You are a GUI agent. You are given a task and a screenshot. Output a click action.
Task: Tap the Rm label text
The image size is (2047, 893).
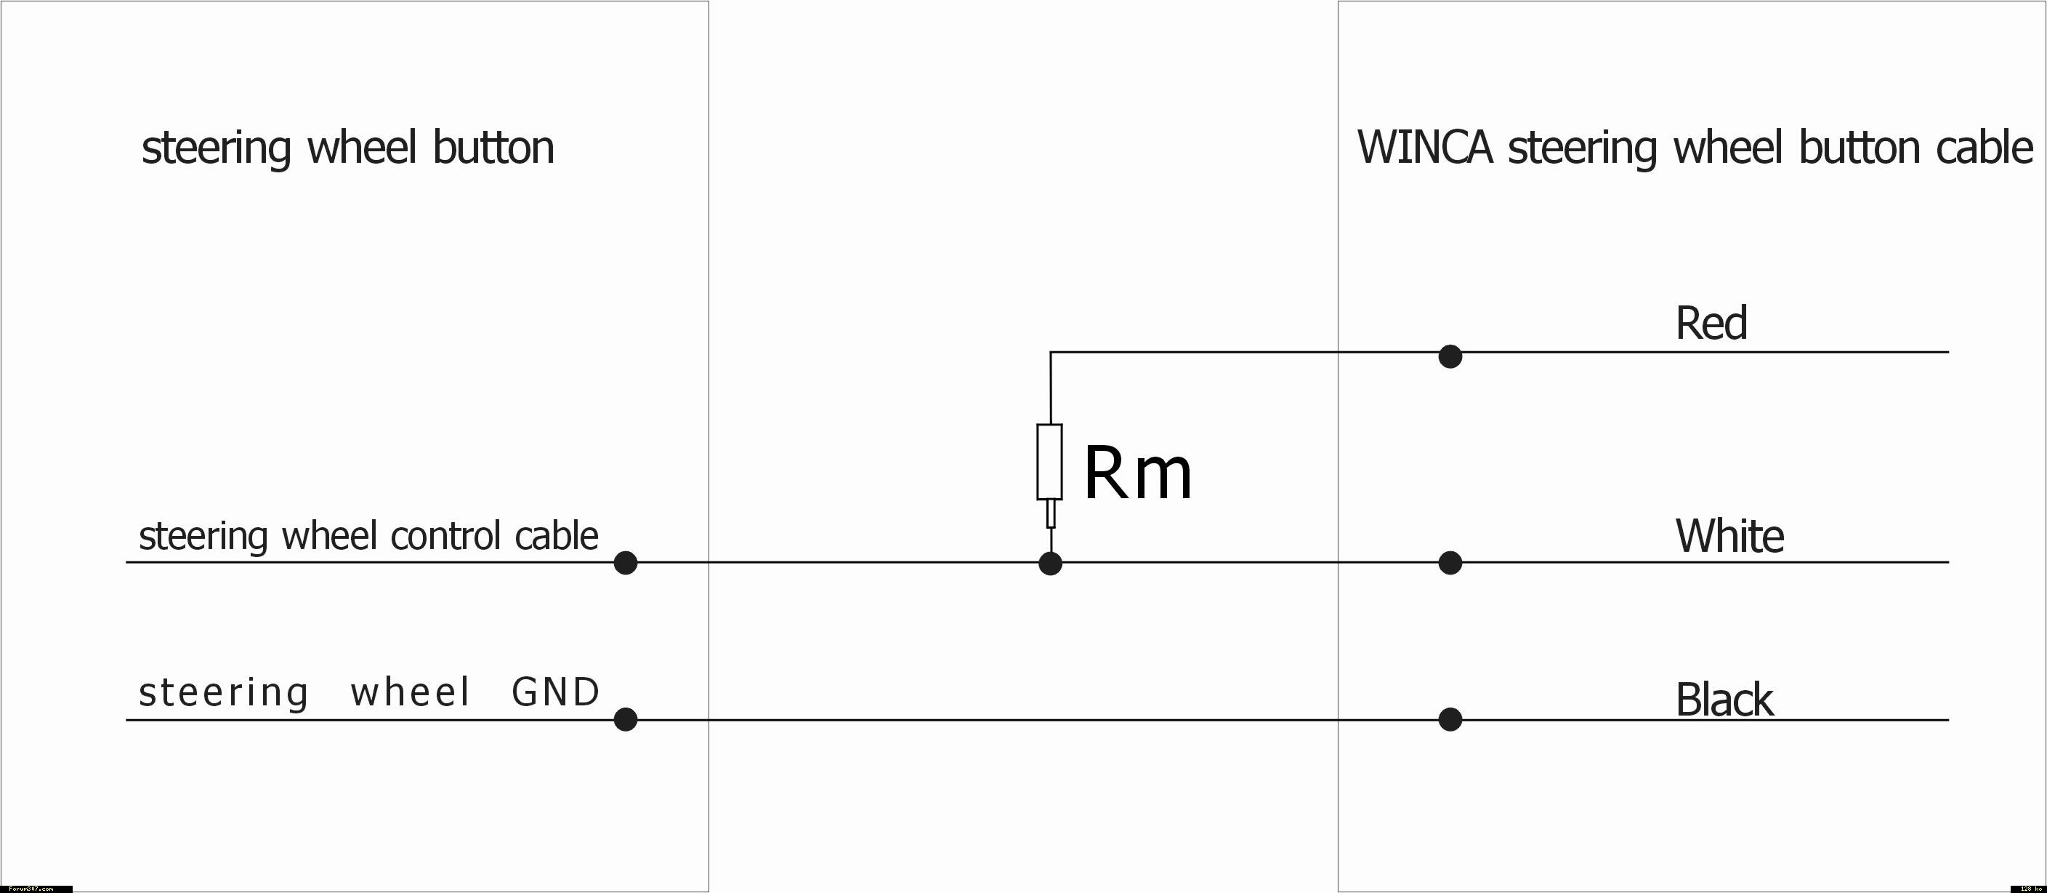pos(1137,474)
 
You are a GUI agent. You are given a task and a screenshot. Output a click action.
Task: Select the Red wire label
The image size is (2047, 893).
pos(1711,324)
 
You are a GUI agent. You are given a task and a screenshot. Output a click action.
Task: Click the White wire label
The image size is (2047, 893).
pos(1729,536)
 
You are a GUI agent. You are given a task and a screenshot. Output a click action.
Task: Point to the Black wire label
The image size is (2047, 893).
pos(1724,700)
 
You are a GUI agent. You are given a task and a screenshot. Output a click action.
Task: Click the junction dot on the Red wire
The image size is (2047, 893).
pos(1450,356)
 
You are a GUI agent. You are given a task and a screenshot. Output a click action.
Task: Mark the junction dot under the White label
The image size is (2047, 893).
pos(1450,563)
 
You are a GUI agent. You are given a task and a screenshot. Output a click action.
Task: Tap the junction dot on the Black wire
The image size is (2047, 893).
pos(1450,720)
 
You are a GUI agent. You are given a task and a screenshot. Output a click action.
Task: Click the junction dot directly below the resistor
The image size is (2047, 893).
pos(1051,564)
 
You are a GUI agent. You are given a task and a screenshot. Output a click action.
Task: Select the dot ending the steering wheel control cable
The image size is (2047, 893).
pos(626,563)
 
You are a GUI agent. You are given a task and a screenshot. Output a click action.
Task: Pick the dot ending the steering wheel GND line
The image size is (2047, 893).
pos(626,720)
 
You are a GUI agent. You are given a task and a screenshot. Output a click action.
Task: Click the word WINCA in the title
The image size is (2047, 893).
pos(1424,148)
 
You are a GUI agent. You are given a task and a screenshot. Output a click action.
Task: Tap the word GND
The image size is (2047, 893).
pos(555,692)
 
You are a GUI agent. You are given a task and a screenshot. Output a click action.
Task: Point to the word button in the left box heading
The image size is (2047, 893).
pos(493,148)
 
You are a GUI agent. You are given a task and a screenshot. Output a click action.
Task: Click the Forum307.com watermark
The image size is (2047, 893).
pos(32,888)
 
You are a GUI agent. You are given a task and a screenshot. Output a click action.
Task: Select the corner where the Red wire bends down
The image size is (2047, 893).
pos(1051,352)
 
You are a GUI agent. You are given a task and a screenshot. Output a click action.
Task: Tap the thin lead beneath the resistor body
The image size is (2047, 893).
pos(1051,513)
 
